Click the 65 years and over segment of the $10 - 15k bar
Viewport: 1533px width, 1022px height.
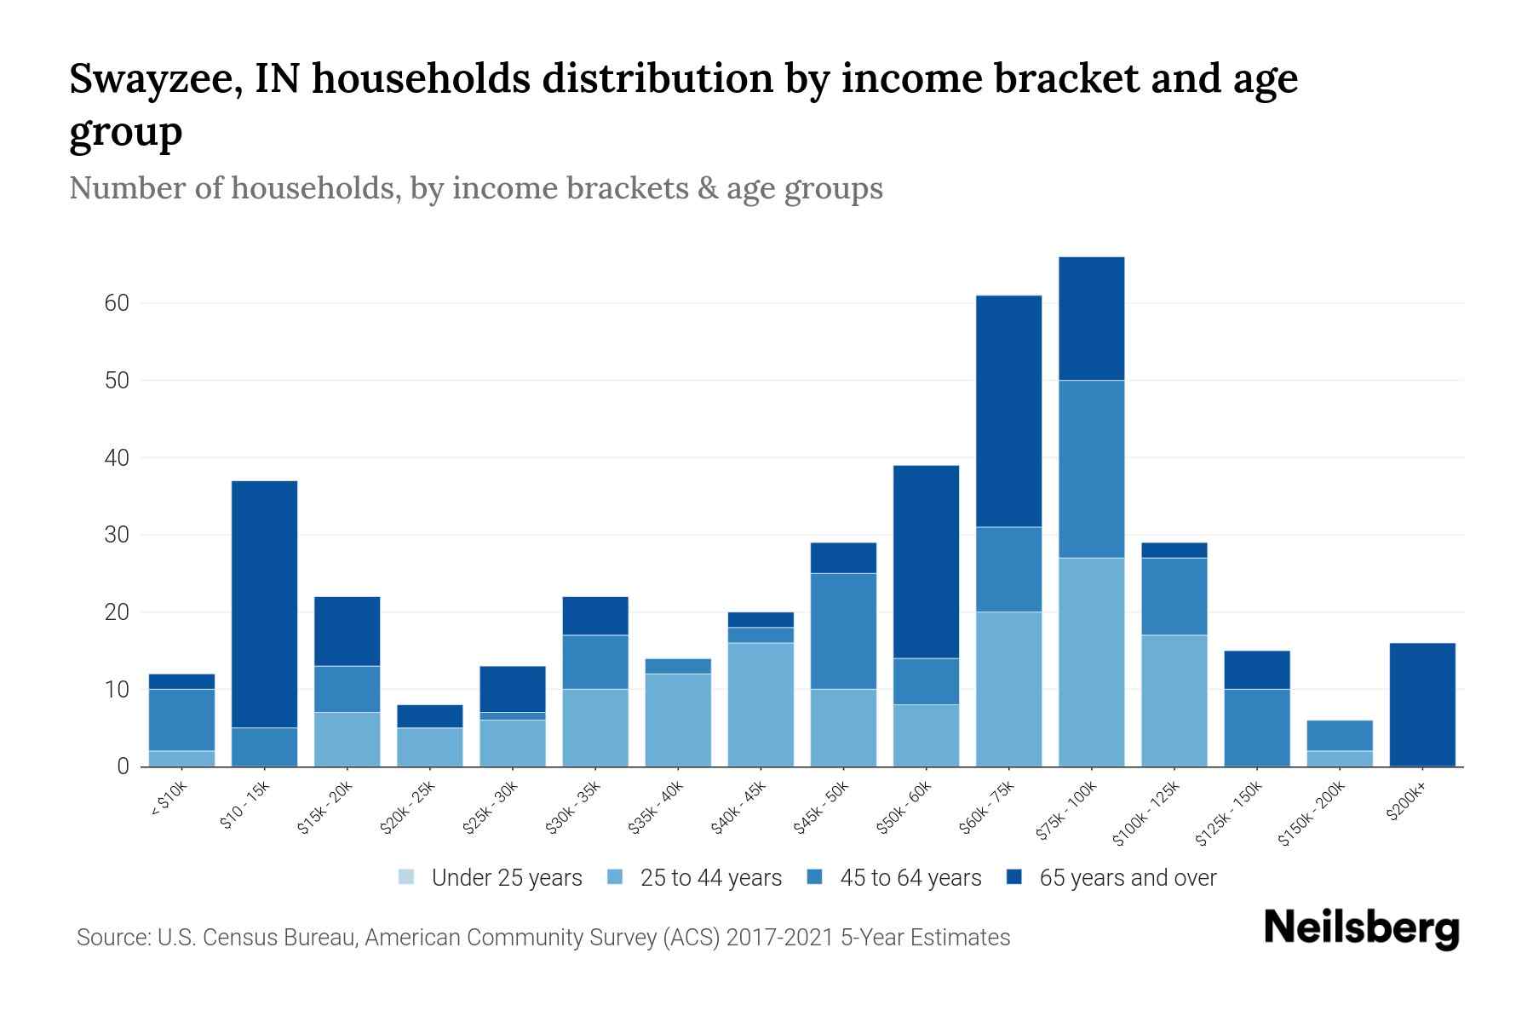click(264, 604)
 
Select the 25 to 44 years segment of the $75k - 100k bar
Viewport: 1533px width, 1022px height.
click(1091, 662)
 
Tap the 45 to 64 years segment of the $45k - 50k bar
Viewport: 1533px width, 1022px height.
click(843, 631)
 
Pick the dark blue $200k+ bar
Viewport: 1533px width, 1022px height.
click(1421, 704)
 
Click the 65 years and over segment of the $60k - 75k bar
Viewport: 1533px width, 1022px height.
click(1008, 411)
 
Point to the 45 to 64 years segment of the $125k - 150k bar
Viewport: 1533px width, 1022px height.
click(1256, 727)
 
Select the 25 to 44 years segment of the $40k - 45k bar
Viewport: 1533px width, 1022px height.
click(761, 704)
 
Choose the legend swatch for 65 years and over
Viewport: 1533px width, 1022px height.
click(1014, 877)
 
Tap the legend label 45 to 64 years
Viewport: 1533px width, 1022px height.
click(910, 878)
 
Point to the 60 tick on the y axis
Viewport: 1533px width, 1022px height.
click(118, 303)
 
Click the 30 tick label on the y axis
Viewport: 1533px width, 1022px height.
click(118, 535)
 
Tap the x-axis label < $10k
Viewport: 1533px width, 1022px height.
click(169, 800)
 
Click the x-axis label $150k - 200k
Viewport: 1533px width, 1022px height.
click(1312, 814)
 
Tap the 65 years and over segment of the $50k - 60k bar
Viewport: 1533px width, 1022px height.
click(926, 561)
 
